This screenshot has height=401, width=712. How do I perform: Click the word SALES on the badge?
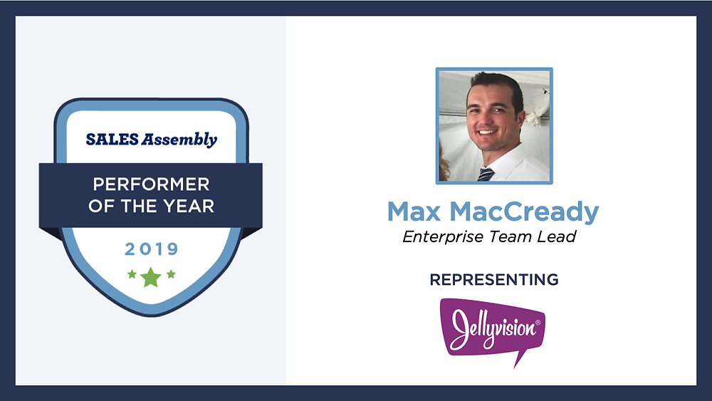(x=112, y=140)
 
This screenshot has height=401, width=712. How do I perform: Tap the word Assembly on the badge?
(x=179, y=140)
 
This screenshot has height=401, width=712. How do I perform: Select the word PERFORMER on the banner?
(x=151, y=184)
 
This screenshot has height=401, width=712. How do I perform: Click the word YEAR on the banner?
(x=189, y=206)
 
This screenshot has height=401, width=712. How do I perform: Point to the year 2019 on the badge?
(x=152, y=249)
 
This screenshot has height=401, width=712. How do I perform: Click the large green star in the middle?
(x=151, y=277)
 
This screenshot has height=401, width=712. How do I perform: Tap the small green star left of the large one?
(x=132, y=274)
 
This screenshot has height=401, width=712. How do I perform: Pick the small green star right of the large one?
(x=171, y=274)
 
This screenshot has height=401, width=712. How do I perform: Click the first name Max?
(x=414, y=212)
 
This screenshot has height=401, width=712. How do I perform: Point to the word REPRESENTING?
(x=494, y=280)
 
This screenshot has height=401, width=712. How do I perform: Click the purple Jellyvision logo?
(x=492, y=328)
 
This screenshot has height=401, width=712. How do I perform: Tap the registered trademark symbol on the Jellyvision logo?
(x=538, y=323)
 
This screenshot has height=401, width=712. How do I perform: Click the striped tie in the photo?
(x=486, y=175)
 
